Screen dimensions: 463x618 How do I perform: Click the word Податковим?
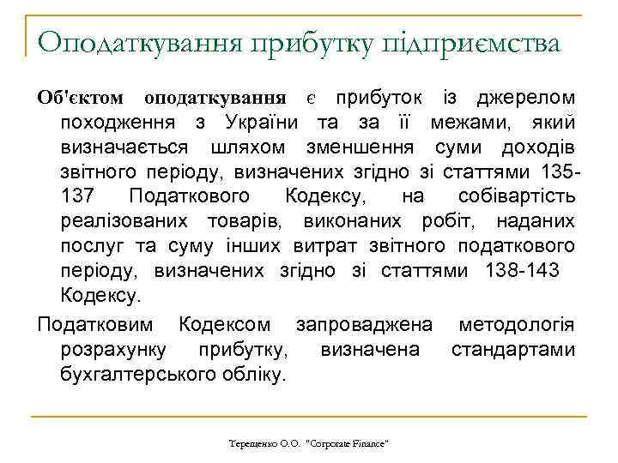[96, 325]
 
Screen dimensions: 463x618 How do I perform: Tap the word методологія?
[516, 325]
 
